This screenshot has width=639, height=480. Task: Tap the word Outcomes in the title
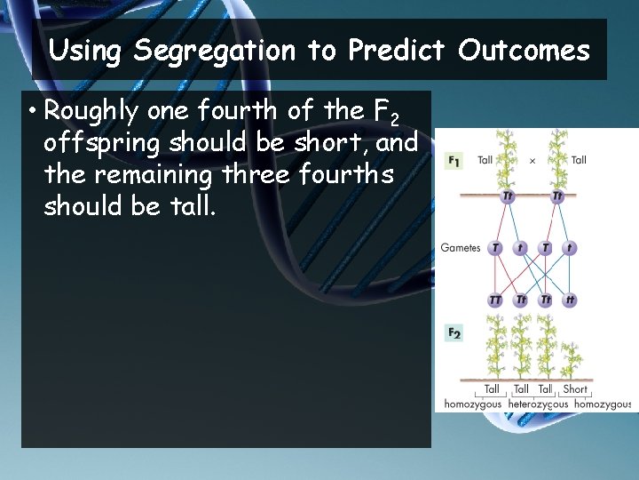pyautogui.click(x=524, y=51)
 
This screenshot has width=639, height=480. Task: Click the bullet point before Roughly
pyautogui.click(x=31, y=112)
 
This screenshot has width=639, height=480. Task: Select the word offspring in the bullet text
pyautogui.click(x=104, y=143)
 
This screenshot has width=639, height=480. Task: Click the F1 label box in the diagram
pyautogui.click(x=454, y=161)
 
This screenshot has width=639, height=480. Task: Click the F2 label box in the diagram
pyautogui.click(x=454, y=333)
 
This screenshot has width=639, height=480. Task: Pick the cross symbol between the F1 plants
pyautogui.click(x=532, y=161)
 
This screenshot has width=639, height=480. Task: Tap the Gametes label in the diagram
pyautogui.click(x=461, y=248)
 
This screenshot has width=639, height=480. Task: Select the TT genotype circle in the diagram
pyautogui.click(x=495, y=300)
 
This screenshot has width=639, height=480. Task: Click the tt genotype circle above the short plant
pyautogui.click(x=569, y=300)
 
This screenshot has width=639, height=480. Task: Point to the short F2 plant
pyautogui.click(x=573, y=360)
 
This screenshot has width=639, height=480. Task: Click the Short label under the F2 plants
pyautogui.click(x=575, y=388)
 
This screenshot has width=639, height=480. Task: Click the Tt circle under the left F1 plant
pyautogui.click(x=509, y=196)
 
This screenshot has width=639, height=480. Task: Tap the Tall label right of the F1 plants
pyautogui.click(x=579, y=161)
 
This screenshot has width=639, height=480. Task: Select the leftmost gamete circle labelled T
pyautogui.click(x=495, y=248)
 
